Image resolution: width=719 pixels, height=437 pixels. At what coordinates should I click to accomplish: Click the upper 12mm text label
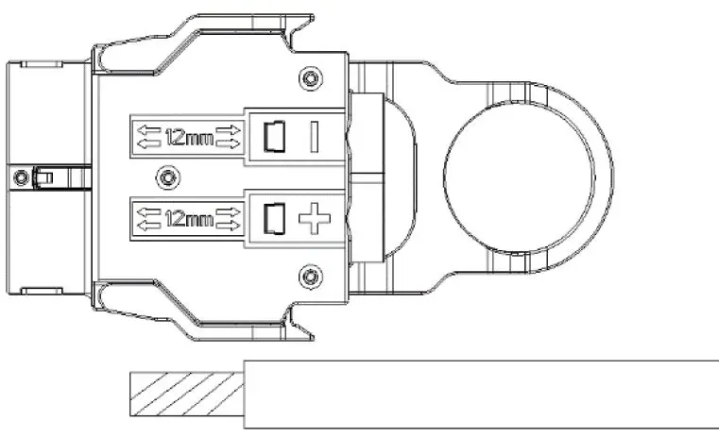point(187,138)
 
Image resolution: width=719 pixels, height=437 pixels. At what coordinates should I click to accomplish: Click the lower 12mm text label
point(187,220)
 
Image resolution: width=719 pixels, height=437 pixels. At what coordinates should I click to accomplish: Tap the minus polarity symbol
point(313,138)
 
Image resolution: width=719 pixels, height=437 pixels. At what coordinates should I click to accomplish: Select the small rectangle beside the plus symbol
point(275,220)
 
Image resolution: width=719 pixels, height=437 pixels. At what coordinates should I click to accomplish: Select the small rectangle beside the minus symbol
point(275,138)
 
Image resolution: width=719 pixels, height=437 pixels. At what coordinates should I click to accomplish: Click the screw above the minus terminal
point(305,76)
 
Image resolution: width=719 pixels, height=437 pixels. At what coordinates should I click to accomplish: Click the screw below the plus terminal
point(305,275)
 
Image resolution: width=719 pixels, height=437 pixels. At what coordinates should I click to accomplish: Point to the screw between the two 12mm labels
point(167,176)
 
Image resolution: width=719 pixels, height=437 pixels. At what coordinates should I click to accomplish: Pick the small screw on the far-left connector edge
point(18,176)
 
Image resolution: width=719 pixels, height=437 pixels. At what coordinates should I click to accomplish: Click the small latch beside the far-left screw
point(42,176)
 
